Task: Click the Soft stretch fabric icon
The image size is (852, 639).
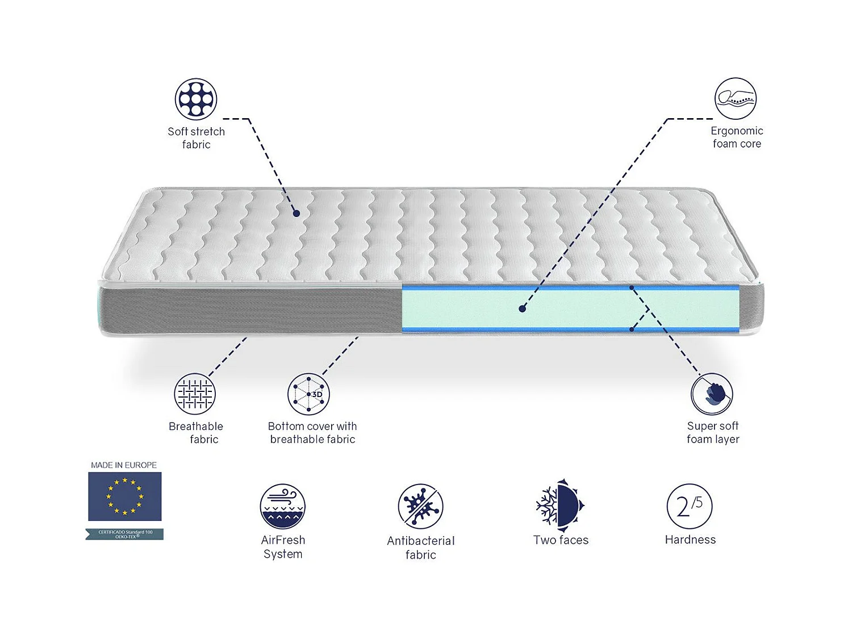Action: click(196, 99)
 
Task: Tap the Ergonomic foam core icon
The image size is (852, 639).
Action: click(736, 99)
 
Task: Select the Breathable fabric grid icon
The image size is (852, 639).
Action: click(195, 394)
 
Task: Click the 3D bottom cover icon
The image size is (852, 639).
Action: click(308, 394)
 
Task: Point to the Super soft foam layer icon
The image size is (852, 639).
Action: click(712, 394)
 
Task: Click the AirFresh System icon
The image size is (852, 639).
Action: click(283, 506)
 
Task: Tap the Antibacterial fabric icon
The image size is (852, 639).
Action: click(421, 506)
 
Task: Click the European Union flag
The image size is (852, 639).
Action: click(124, 496)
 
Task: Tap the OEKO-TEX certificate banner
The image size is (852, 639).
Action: click(125, 534)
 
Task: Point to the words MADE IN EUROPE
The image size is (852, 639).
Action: click(124, 465)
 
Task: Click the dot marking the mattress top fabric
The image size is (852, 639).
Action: click(296, 214)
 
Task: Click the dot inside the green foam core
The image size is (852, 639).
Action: click(522, 309)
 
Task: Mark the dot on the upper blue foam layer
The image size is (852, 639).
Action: click(632, 288)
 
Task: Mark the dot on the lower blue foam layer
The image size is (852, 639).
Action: click(632, 329)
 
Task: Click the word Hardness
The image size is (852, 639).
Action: click(690, 540)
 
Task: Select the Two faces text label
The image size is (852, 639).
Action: click(561, 540)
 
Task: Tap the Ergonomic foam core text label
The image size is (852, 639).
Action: click(737, 137)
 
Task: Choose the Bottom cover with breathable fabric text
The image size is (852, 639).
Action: click(312, 433)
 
